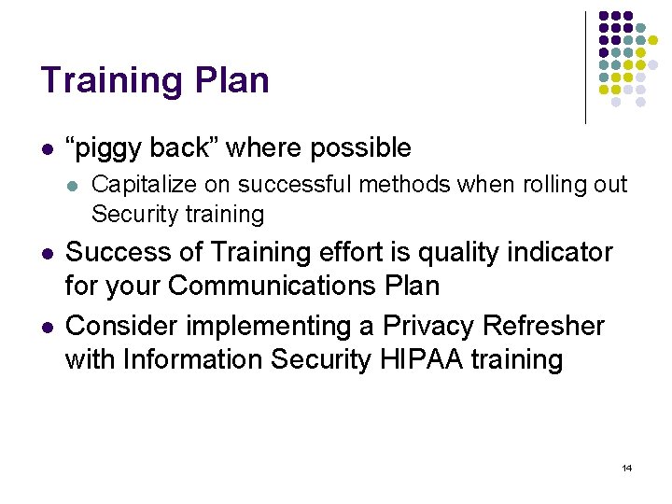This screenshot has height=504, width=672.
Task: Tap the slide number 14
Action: tap(626, 468)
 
